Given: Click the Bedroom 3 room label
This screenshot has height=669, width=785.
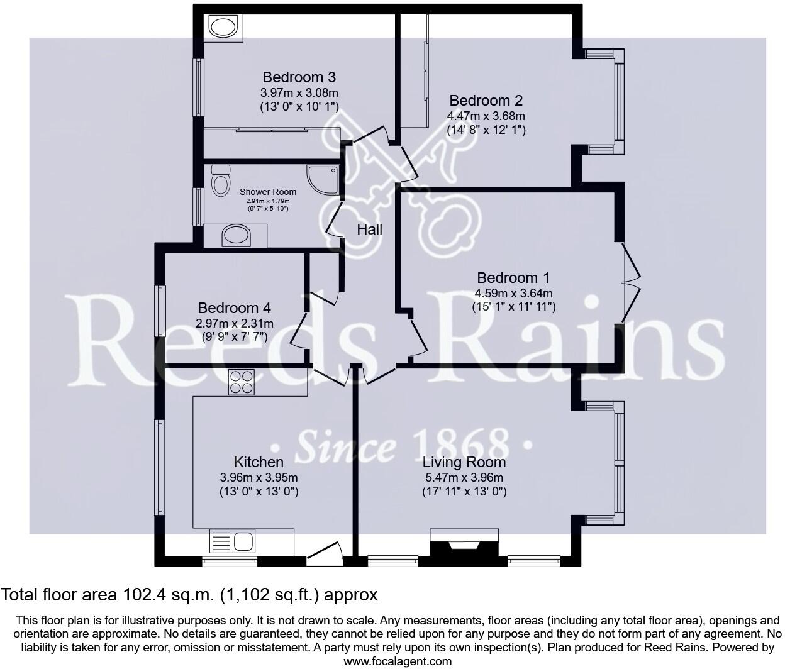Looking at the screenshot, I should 299,77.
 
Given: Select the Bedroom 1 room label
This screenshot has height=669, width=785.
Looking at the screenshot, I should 513,278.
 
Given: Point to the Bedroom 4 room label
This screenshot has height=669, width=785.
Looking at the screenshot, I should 234,308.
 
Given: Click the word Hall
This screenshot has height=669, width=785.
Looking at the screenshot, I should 370,229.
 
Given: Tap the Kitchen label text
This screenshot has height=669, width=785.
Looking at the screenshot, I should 258,462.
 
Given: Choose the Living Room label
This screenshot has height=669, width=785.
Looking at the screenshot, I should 464,462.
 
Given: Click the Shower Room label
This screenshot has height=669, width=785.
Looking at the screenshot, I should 268,192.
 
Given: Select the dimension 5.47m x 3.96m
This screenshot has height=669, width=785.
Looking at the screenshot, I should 464,477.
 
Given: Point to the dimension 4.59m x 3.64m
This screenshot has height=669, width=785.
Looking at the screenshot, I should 513,293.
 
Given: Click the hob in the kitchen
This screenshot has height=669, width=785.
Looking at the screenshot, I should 242,382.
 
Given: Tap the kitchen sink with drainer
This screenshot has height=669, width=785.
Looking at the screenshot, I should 232,541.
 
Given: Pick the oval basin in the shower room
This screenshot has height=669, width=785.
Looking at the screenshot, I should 237,236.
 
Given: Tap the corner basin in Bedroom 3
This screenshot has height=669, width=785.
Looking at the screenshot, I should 222,27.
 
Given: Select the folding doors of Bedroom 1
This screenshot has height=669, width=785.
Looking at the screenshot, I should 631,283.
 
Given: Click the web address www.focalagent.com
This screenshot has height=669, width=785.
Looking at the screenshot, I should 398,661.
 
